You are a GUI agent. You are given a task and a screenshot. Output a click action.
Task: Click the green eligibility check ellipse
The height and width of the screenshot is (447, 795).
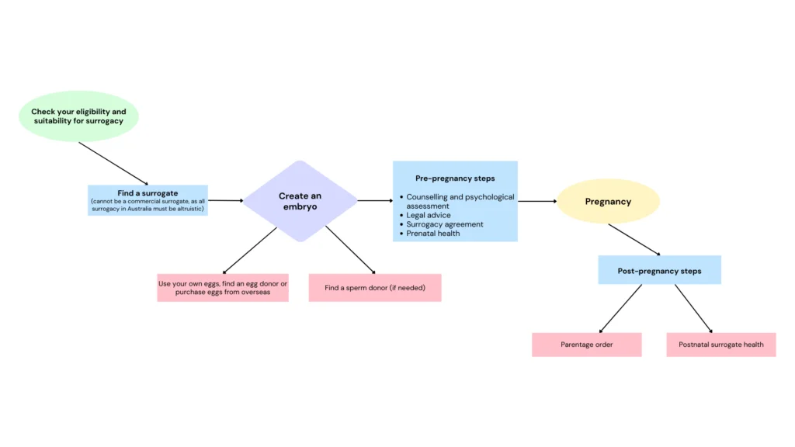(78, 116)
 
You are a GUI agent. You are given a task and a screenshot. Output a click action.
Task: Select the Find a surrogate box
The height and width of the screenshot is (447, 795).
(148, 200)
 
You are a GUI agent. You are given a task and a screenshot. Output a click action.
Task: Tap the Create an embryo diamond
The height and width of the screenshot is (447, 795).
(300, 201)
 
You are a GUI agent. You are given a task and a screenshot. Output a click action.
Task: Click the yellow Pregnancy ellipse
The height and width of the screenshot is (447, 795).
(608, 201)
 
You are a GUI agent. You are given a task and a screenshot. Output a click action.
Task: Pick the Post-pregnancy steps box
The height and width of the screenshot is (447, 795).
(659, 270)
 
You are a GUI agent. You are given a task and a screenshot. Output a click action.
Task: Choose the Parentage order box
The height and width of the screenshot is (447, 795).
(587, 345)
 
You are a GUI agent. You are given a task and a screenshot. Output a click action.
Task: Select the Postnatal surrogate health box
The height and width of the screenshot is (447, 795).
(721, 345)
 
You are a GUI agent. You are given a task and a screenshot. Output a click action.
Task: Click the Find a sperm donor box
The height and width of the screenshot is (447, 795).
(375, 288)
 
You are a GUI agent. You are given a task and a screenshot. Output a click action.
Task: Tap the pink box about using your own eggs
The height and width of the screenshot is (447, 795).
(223, 288)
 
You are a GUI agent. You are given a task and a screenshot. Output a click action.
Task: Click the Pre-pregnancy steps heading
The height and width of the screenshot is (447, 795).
(455, 178)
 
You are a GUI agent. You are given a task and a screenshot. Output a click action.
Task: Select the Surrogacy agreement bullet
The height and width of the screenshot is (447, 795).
(441, 224)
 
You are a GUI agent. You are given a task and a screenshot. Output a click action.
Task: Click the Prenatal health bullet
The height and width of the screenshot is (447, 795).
(429, 233)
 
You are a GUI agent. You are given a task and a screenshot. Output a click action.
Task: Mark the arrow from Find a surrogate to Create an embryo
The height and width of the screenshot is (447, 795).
(226, 201)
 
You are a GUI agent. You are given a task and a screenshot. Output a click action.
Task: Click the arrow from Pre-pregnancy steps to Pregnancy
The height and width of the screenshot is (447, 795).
(537, 201)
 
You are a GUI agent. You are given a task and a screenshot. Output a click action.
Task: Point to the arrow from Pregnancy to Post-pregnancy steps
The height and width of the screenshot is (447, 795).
(634, 240)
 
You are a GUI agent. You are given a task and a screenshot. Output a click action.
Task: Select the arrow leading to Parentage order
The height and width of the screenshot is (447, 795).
(620, 309)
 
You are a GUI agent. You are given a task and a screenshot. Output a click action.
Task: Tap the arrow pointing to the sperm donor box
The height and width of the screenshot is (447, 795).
(350, 250)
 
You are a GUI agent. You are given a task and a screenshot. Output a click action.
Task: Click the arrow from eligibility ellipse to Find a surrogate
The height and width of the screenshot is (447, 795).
(113, 164)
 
